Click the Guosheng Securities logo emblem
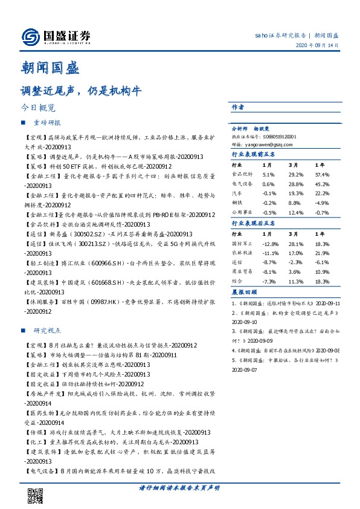(28, 37)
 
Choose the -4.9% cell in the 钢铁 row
(323, 203)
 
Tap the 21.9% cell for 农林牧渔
(323, 253)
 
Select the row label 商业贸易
(240, 272)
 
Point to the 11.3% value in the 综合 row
(296, 282)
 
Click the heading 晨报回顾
(243, 293)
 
